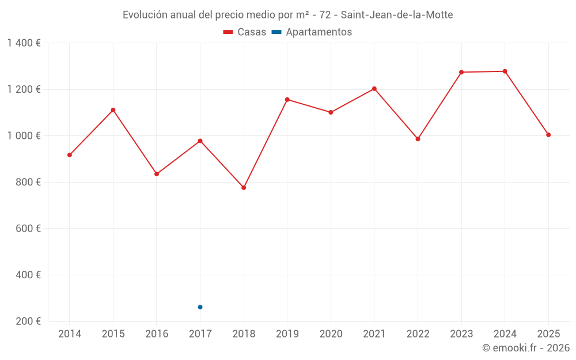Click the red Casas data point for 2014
point(70,155)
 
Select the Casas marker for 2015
point(113,110)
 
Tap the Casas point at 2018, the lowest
point(244,188)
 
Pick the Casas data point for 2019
point(287,100)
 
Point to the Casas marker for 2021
point(374,89)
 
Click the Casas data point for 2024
point(505,71)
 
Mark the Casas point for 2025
point(548,135)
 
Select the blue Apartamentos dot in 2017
point(200,307)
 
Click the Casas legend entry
point(245,32)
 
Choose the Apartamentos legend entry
point(312,32)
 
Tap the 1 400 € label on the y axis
point(24,43)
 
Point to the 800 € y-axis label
point(28,182)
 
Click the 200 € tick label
point(28,321)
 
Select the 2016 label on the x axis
point(157,334)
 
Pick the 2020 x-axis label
point(331,334)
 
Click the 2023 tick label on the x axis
point(461,334)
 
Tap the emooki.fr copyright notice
point(525,348)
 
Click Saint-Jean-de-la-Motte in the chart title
point(397,15)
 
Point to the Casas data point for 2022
point(418,139)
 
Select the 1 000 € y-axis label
point(24,136)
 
